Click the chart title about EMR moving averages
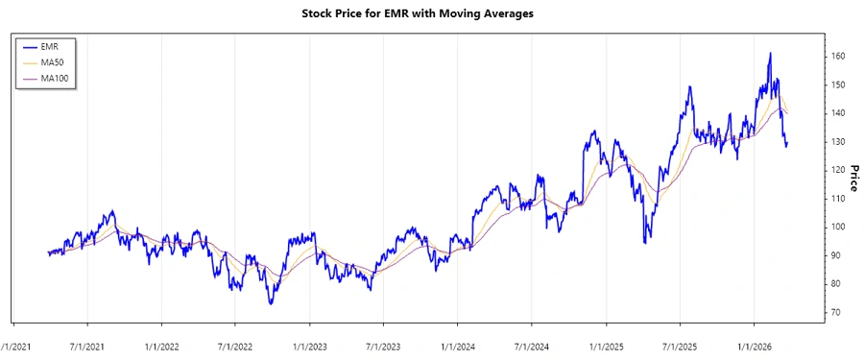coord(432,14)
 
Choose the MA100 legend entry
coord(67,79)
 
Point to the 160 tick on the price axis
coord(838,57)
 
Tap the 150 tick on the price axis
coord(838,84)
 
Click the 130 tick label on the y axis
coord(838,142)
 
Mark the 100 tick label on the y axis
coord(838,228)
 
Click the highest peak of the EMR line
coord(770,53)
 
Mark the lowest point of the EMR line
coord(271,304)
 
